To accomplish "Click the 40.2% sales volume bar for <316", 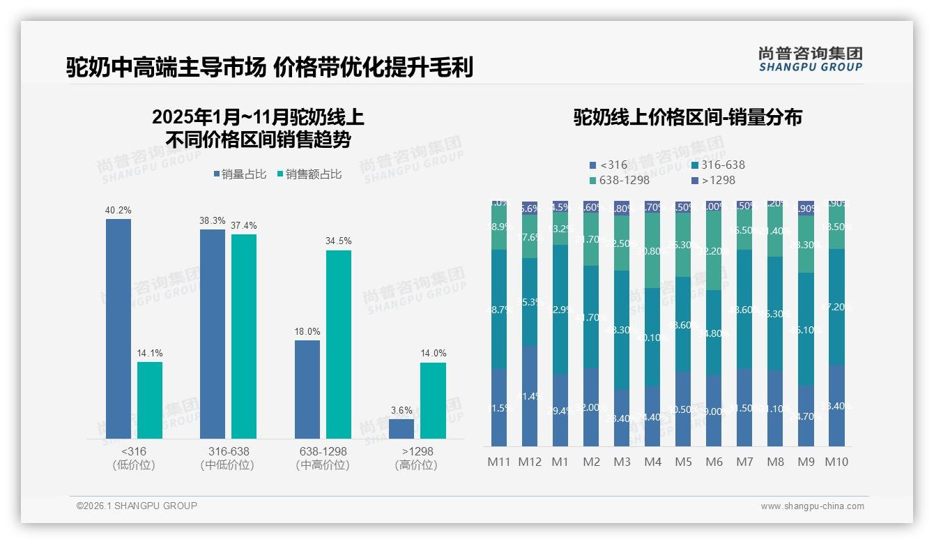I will coord(118,328).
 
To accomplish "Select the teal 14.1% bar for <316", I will coord(150,400).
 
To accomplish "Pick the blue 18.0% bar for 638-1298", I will coord(307,389).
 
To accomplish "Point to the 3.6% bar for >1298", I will coord(401,429).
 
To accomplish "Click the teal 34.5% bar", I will coord(338,345).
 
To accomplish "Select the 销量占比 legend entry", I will coord(240,174).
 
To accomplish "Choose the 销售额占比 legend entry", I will coord(309,174).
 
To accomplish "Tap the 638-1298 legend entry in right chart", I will coord(620,180).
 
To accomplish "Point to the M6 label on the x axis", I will coord(714,462).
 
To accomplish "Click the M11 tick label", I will coord(498,462).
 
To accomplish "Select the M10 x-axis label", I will coord(836,462).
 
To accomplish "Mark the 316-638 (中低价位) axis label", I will coord(228,458).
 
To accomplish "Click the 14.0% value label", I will coord(433,354).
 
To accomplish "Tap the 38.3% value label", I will coord(213,220).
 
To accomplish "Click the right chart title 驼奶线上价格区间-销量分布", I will coord(687,117).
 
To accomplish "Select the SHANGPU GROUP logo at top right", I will coord(810,59).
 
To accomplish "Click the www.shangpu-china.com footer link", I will coord(812,506).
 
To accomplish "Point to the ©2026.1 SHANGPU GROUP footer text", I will coord(137,506).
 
